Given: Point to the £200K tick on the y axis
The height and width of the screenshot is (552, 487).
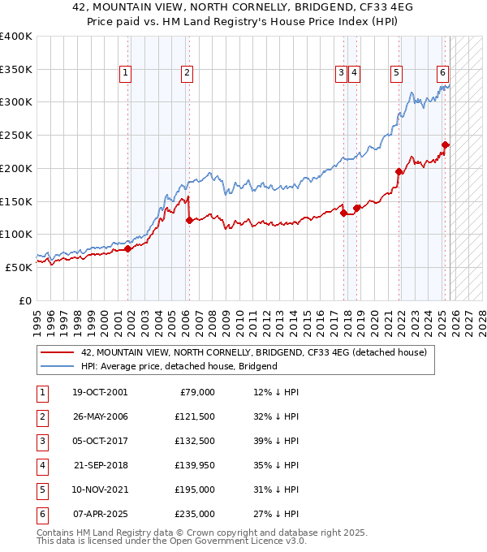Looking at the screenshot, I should pyautogui.click(x=16, y=168).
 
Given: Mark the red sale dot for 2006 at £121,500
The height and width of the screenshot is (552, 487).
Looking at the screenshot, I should pyautogui.click(x=188, y=220).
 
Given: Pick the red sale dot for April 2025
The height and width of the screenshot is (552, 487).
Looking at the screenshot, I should pyautogui.click(x=445, y=145).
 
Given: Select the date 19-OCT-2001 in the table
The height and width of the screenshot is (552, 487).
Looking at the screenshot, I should pyautogui.click(x=100, y=392).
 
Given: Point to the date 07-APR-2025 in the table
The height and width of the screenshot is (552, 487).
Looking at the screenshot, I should pyautogui.click(x=100, y=514).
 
